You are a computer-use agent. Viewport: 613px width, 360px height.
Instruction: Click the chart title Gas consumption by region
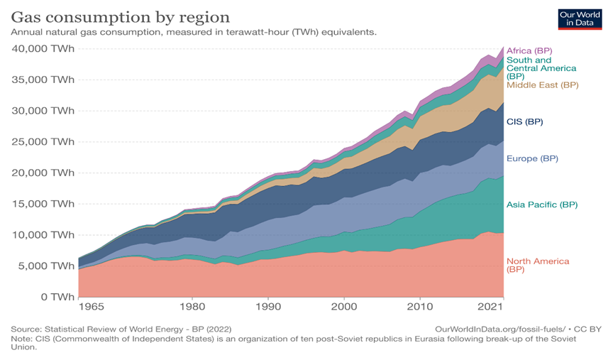click(120, 16)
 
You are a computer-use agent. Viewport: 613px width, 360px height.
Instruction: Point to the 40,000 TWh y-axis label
click(43, 48)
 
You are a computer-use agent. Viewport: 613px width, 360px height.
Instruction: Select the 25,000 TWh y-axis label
click(43, 141)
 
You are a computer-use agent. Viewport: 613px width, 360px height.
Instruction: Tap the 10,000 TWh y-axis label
click(43, 234)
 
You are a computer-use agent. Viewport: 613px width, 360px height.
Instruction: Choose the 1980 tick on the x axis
click(192, 307)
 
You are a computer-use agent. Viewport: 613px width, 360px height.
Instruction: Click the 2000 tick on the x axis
click(343, 307)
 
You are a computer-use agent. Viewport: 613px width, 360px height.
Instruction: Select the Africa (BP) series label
click(529, 51)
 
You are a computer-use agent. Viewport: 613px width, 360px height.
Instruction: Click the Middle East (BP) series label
click(542, 85)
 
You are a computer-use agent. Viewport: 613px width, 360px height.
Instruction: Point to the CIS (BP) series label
click(524, 121)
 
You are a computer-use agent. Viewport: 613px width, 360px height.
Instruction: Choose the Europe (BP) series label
click(532, 158)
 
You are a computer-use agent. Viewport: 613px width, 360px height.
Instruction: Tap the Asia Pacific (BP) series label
click(542, 204)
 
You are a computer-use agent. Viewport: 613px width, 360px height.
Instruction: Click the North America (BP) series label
click(537, 265)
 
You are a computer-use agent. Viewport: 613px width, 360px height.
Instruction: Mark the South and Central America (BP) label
click(541, 68)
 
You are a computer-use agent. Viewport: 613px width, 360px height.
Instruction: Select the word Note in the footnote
click(21, 339)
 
